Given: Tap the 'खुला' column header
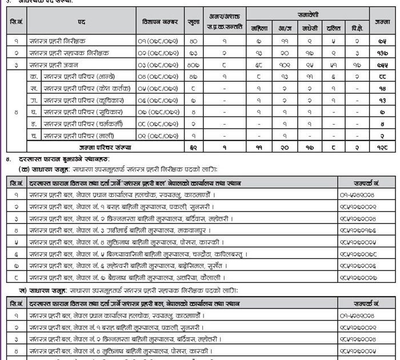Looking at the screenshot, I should (x=194, y=21).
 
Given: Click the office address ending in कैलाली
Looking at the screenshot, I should (x=114, y=278).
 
